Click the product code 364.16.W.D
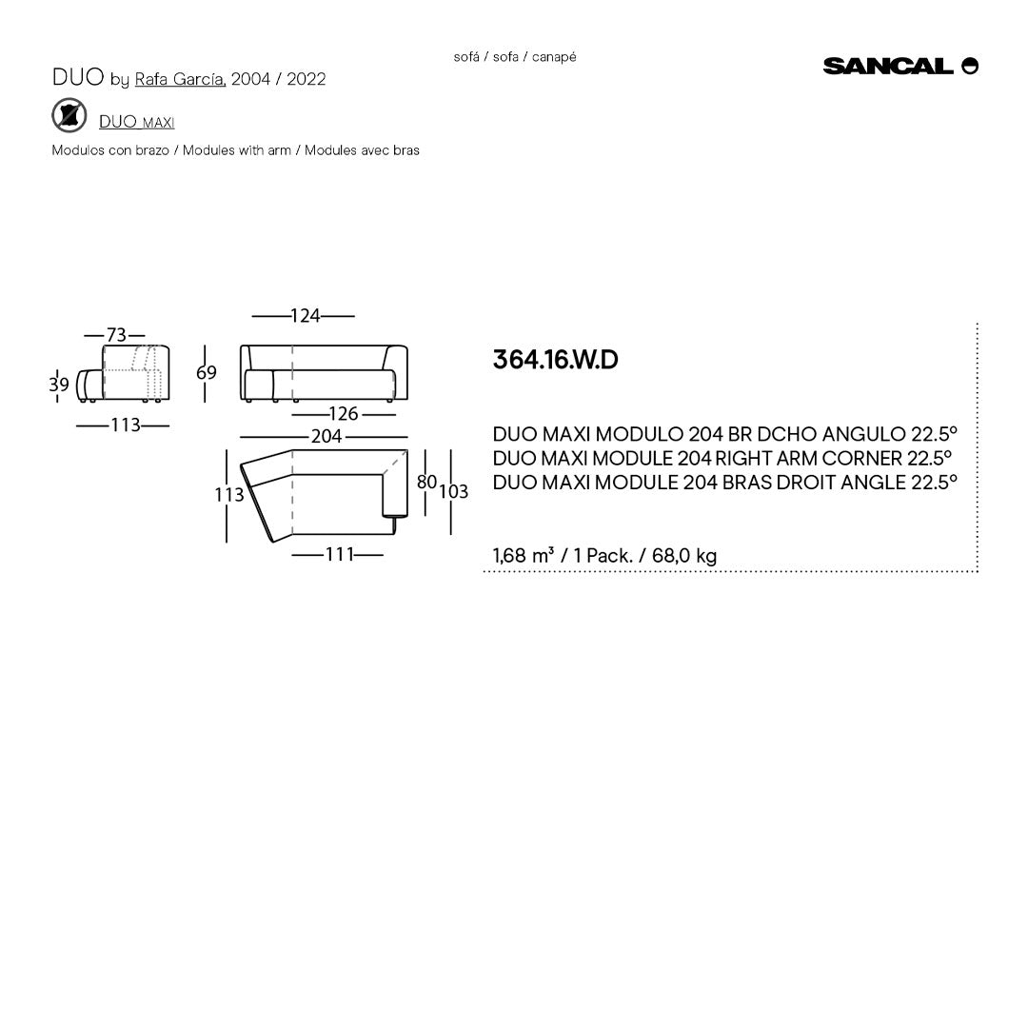[555, 360]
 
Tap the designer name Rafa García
[180, 79]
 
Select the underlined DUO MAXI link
[136, 122]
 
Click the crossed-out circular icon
[69, 116]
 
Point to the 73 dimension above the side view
[115, 335]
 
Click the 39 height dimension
[59, 385]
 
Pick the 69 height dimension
[207, 372]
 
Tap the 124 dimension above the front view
[305, 316]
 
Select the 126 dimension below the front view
[343, 413]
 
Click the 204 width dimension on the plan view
[326, 437]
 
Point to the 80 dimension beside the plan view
[426, 483]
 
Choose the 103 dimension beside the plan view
[454, 492]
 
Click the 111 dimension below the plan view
[340, 554]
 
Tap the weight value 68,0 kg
[684, 556]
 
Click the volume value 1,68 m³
[524, 556]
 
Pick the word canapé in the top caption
[554, 57]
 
